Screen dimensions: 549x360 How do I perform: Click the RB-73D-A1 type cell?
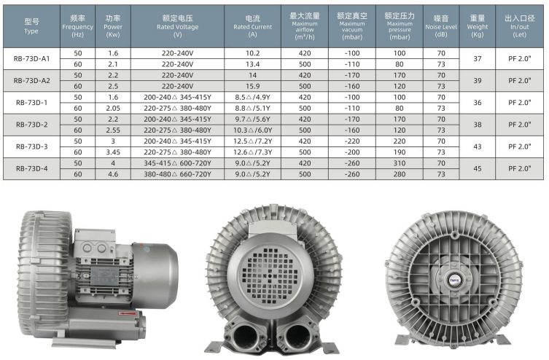tap(31, 59)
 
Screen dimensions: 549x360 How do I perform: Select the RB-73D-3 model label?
tap(31, 146)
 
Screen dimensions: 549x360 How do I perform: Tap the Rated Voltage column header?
tap(177, 26)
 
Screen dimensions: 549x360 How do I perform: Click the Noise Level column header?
tap(441, 26)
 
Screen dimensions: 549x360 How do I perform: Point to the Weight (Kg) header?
tap(478, 26)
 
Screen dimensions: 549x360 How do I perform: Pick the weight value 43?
tap(478, 146)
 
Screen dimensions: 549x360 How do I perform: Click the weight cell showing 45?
tap(478, 168)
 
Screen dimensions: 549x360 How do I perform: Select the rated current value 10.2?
tap(252, 53)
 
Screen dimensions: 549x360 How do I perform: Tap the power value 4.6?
tap(113, 174)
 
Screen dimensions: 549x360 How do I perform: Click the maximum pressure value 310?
tap(399, 163)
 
